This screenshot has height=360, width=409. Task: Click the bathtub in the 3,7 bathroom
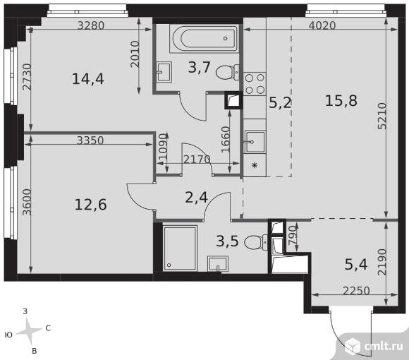click(x=204, y=39)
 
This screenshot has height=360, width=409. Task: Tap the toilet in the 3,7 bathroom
click(x=228, y=72)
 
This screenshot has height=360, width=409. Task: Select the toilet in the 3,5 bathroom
click(x=256, y=243)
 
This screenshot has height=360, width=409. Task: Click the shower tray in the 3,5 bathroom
click(x=181, y=248)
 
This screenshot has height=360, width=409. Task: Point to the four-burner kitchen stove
click(x=255, y=83)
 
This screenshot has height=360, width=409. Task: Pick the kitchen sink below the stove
click(x=255, y=142)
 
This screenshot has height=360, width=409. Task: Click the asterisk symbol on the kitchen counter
click(x=255, y=165)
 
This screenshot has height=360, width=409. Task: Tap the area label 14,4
click(x=88, y=79)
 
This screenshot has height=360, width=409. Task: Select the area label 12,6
click(x=90, y=205)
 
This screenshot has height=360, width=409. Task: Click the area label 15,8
click(x=341, y=101)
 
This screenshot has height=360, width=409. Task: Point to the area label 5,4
click(x=356, y=264)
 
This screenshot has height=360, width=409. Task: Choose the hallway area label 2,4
click(x=196, y=198)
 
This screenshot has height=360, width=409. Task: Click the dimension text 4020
click(x=322, y=25)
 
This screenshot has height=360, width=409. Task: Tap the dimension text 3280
click(x=91, y=25)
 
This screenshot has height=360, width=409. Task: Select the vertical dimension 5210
click(x=382, y=116)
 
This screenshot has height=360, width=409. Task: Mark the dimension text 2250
click(x=356, y=291)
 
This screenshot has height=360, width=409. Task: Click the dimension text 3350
click(x=90, y=140)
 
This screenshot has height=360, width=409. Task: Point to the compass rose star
click(x=29, y=331)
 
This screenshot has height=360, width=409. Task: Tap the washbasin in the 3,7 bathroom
click(x=164, y=72)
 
